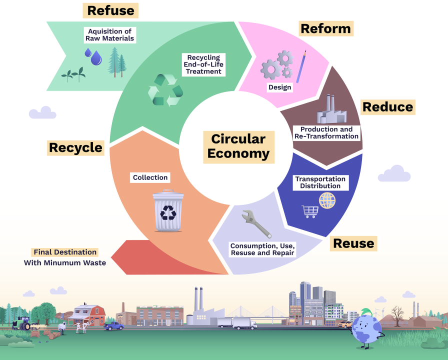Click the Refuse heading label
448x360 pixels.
pos(110,10)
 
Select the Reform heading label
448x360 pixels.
pos(326,28)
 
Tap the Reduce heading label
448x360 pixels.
pos(387,106)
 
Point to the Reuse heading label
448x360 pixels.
pos(353,243)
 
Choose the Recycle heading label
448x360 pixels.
pos(75,147)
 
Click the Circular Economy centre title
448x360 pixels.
pos(238,146)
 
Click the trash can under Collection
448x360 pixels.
pos(168,210)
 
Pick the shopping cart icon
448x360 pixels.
pos(309,211)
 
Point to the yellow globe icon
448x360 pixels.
pos(327,200)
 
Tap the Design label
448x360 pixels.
pos(279,87)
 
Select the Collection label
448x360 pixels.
pos(150,177)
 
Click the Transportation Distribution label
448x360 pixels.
pos(320,182)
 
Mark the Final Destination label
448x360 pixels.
pos(65,252)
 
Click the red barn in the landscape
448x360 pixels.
pos(88,314)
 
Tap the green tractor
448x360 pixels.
pos(21,323)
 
